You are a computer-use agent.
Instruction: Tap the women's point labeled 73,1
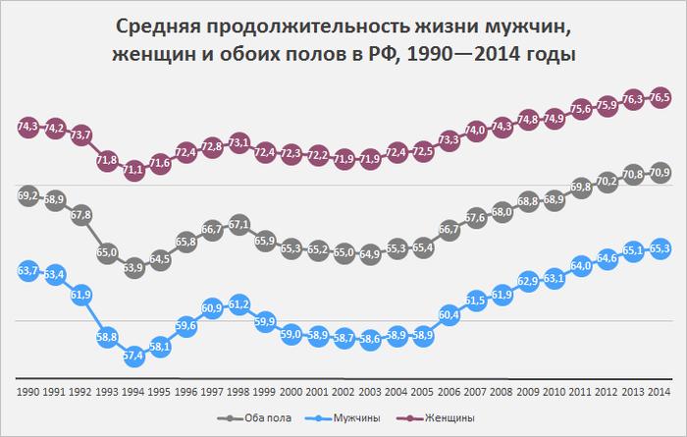(x=238, y=142)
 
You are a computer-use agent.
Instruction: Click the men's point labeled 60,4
(x=449, y=314)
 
